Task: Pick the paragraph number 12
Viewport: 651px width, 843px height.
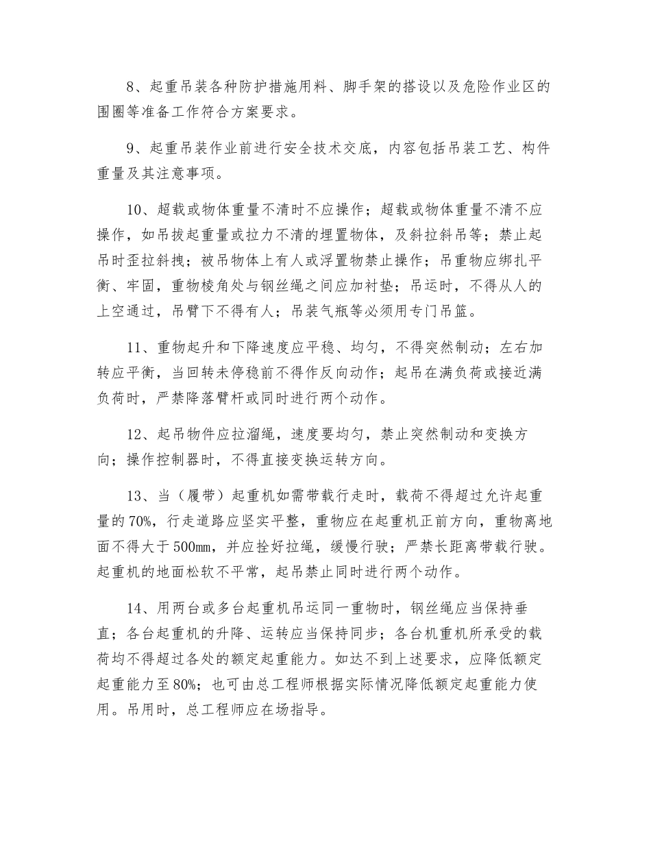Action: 135,435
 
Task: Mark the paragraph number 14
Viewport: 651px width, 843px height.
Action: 135,609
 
